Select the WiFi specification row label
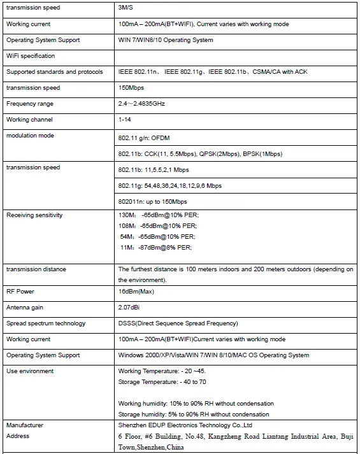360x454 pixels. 30,56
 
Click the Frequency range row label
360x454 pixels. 29,104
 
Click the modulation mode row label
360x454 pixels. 30,136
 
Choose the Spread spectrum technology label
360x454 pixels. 45,323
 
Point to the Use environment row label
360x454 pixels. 29,371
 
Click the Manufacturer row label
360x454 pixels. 25,424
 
